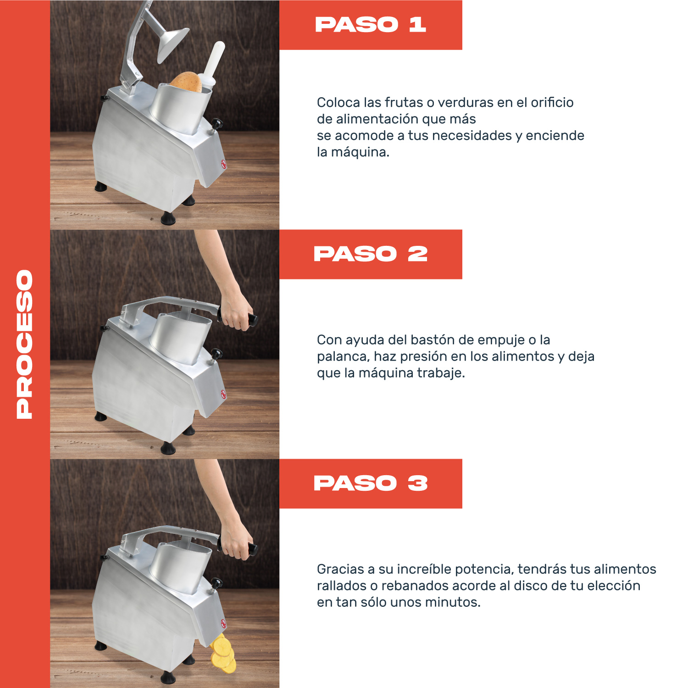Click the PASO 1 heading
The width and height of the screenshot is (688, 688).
(371, 25)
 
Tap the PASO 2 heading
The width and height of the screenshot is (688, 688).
(371, 254)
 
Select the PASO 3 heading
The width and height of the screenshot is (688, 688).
(371, 483)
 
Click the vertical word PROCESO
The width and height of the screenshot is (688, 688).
(25, 344)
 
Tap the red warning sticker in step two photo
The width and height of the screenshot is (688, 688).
(224, 394)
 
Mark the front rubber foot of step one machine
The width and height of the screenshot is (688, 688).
(168, 218)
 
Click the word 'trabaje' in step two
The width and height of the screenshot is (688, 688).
(440, 373)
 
